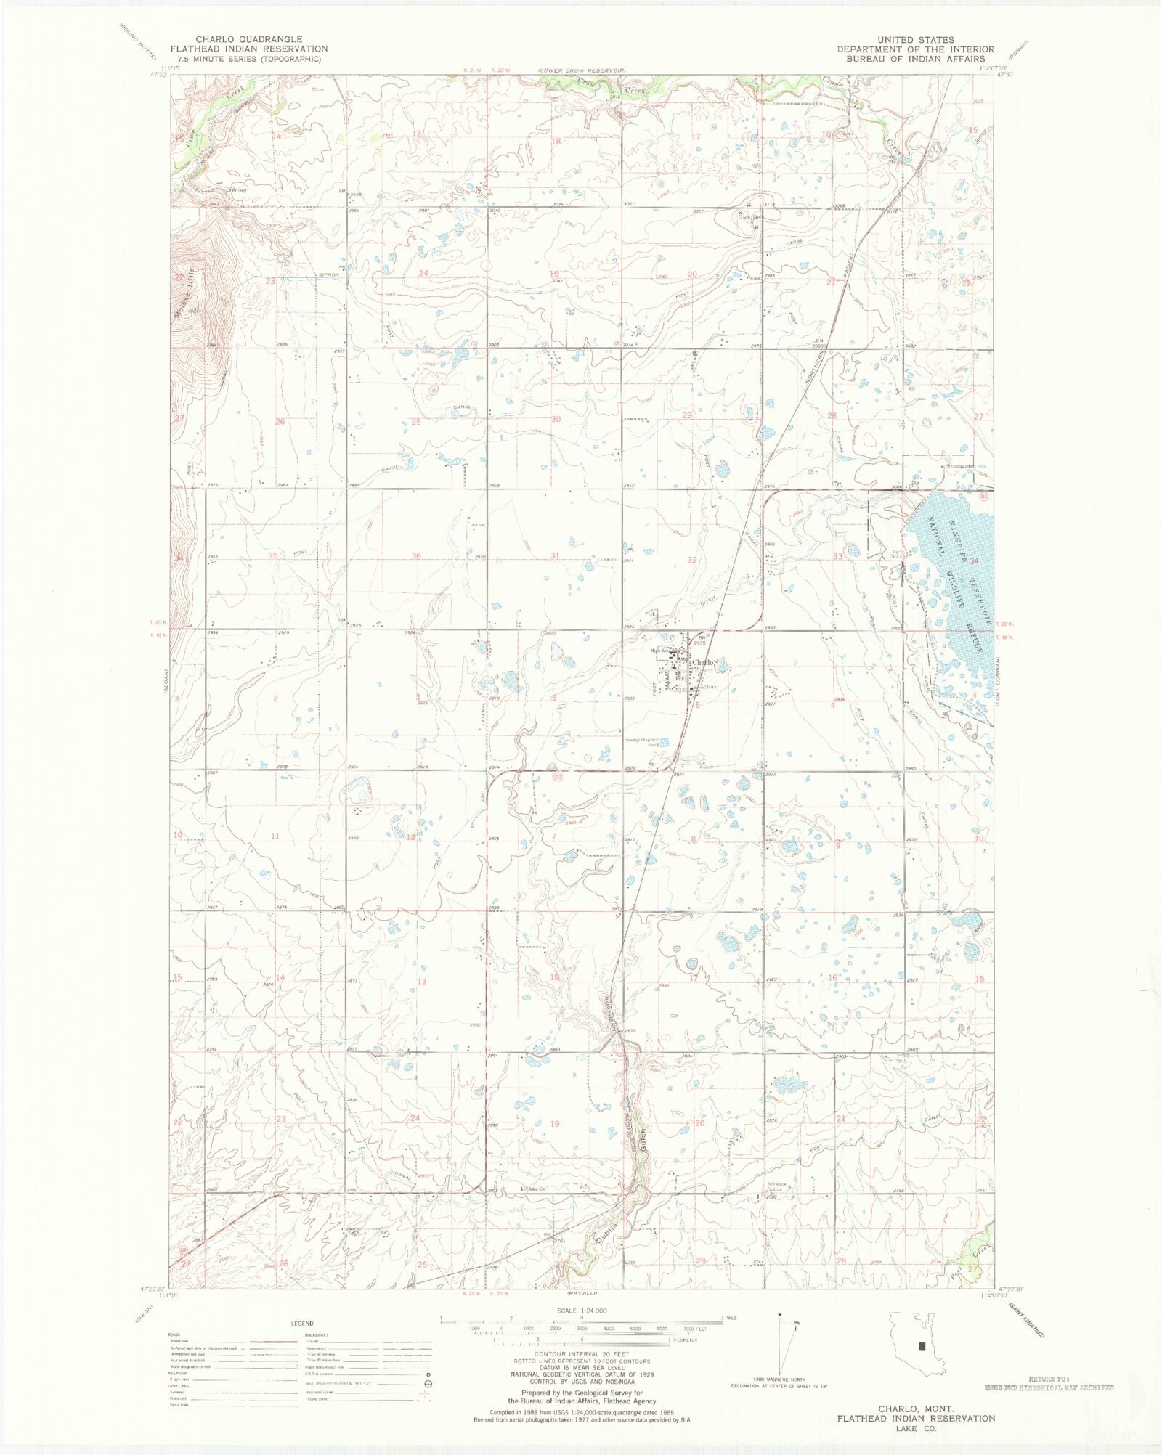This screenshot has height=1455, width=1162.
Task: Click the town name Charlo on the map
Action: point(704,662)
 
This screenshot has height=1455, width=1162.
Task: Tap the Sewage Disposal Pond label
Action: point(641,742)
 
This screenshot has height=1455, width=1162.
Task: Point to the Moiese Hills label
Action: point(184,292)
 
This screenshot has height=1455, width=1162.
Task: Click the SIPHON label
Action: point(329,275)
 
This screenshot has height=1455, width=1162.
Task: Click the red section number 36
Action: point(416,556)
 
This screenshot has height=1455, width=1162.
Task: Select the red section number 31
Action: point(555,555)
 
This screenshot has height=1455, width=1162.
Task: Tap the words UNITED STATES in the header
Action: point(915,40)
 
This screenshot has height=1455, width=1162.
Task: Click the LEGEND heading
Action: point(302,1323)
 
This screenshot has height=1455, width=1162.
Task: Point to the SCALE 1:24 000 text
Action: point(581,1311)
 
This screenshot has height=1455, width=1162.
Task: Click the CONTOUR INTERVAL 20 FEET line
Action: point(581,1354)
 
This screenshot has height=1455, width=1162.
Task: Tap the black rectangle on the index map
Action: point(922,1345)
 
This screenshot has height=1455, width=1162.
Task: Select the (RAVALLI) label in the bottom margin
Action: point(581,1293)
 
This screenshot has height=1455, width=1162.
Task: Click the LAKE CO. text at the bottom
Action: point(916,1428)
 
